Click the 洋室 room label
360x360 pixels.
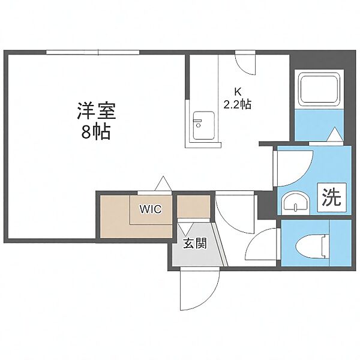pyautogui.click(x=96, y=111)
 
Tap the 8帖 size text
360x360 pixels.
pyautogui.click(x=96, y=132)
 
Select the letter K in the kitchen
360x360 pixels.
pyautogui.click(x=237, y=92)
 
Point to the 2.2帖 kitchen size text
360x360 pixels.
pyautogui.click(x=237, y=104)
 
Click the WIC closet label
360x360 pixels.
pyautogui.click(x=151, y=209)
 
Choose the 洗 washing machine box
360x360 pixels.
pyautogui.click(x=332, y=198)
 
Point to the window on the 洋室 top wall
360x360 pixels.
pyautogui.click(x=98, y=53)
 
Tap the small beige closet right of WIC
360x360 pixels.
pyautogui.click(x=193, y=207)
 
